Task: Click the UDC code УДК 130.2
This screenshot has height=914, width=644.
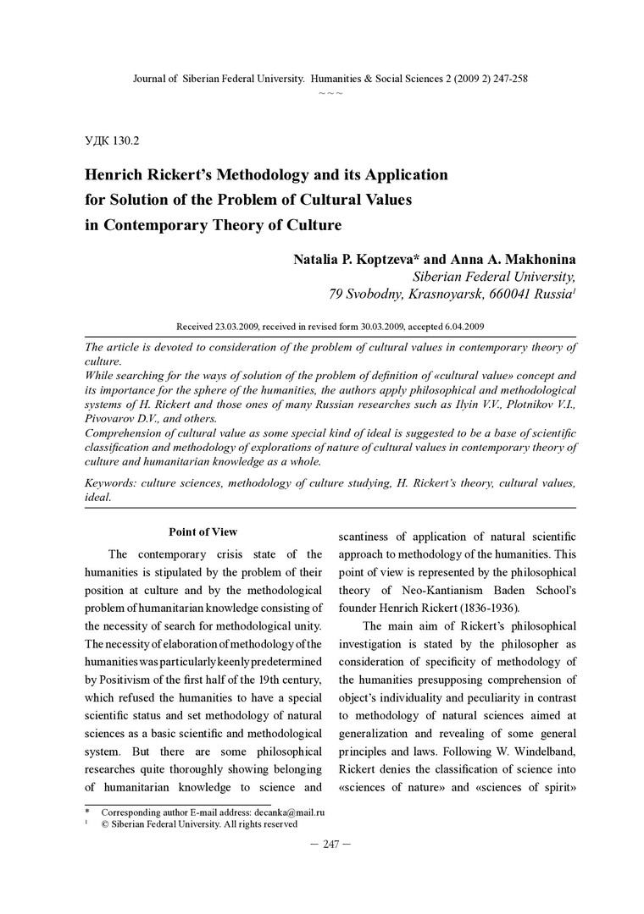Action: click(x=112, y=140)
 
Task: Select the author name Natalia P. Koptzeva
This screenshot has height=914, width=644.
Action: click(x=349, y=257)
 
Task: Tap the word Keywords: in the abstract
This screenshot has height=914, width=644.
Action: click(x=115, y=482)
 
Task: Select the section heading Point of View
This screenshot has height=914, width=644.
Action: click(x=203, y=532)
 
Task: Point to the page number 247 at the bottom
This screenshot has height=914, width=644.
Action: click(x=330, y=845)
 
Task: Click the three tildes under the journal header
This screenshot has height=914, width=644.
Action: click(x=330, y=91)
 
